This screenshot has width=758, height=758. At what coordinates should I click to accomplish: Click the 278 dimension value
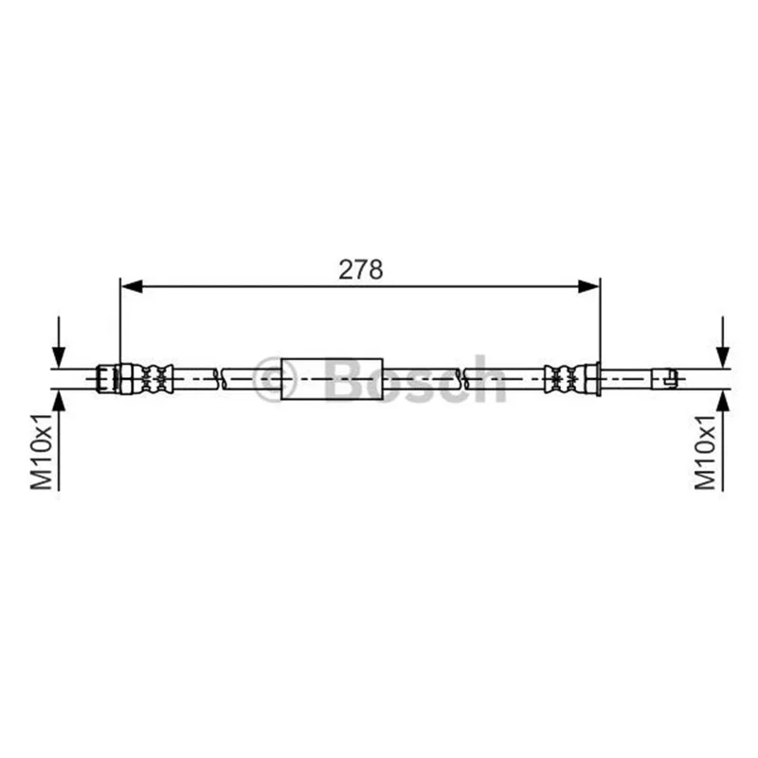[361, 270]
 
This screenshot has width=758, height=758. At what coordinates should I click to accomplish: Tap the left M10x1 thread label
[42, 451]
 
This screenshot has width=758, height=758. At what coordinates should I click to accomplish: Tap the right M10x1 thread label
[705, 451]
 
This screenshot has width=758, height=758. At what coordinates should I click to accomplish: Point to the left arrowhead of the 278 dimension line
[132, 286]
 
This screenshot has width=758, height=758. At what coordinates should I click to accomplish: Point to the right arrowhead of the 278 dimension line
[588, 286]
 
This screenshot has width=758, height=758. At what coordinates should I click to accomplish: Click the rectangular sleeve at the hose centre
[333, 379]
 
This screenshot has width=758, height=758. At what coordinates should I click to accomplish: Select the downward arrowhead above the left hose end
[59, 357]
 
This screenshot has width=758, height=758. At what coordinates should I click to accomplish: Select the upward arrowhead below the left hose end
[59, 401]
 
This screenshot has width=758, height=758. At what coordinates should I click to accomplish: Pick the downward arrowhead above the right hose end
[723, 357]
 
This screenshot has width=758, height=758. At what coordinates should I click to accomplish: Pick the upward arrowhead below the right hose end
[723, 401]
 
